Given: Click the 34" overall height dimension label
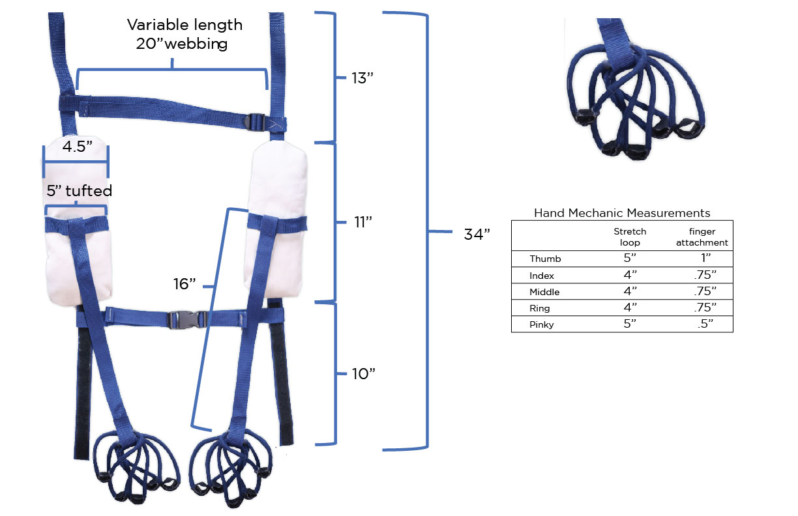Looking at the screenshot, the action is click(477, 235).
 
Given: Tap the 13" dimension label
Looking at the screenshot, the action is click(362, 78).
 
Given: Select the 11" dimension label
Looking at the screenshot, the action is click(363, 222).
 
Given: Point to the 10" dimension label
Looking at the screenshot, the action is click(363, 374).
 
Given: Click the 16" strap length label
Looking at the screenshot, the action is click(185, 284).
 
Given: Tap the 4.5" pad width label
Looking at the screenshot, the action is click(78, 147).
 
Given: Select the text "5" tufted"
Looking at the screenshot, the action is click(80, 191).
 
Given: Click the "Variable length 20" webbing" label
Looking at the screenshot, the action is click(185, 35).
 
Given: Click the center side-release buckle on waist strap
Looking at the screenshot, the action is click(187, 319).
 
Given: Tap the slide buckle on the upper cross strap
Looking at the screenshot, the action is click(255, 122).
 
